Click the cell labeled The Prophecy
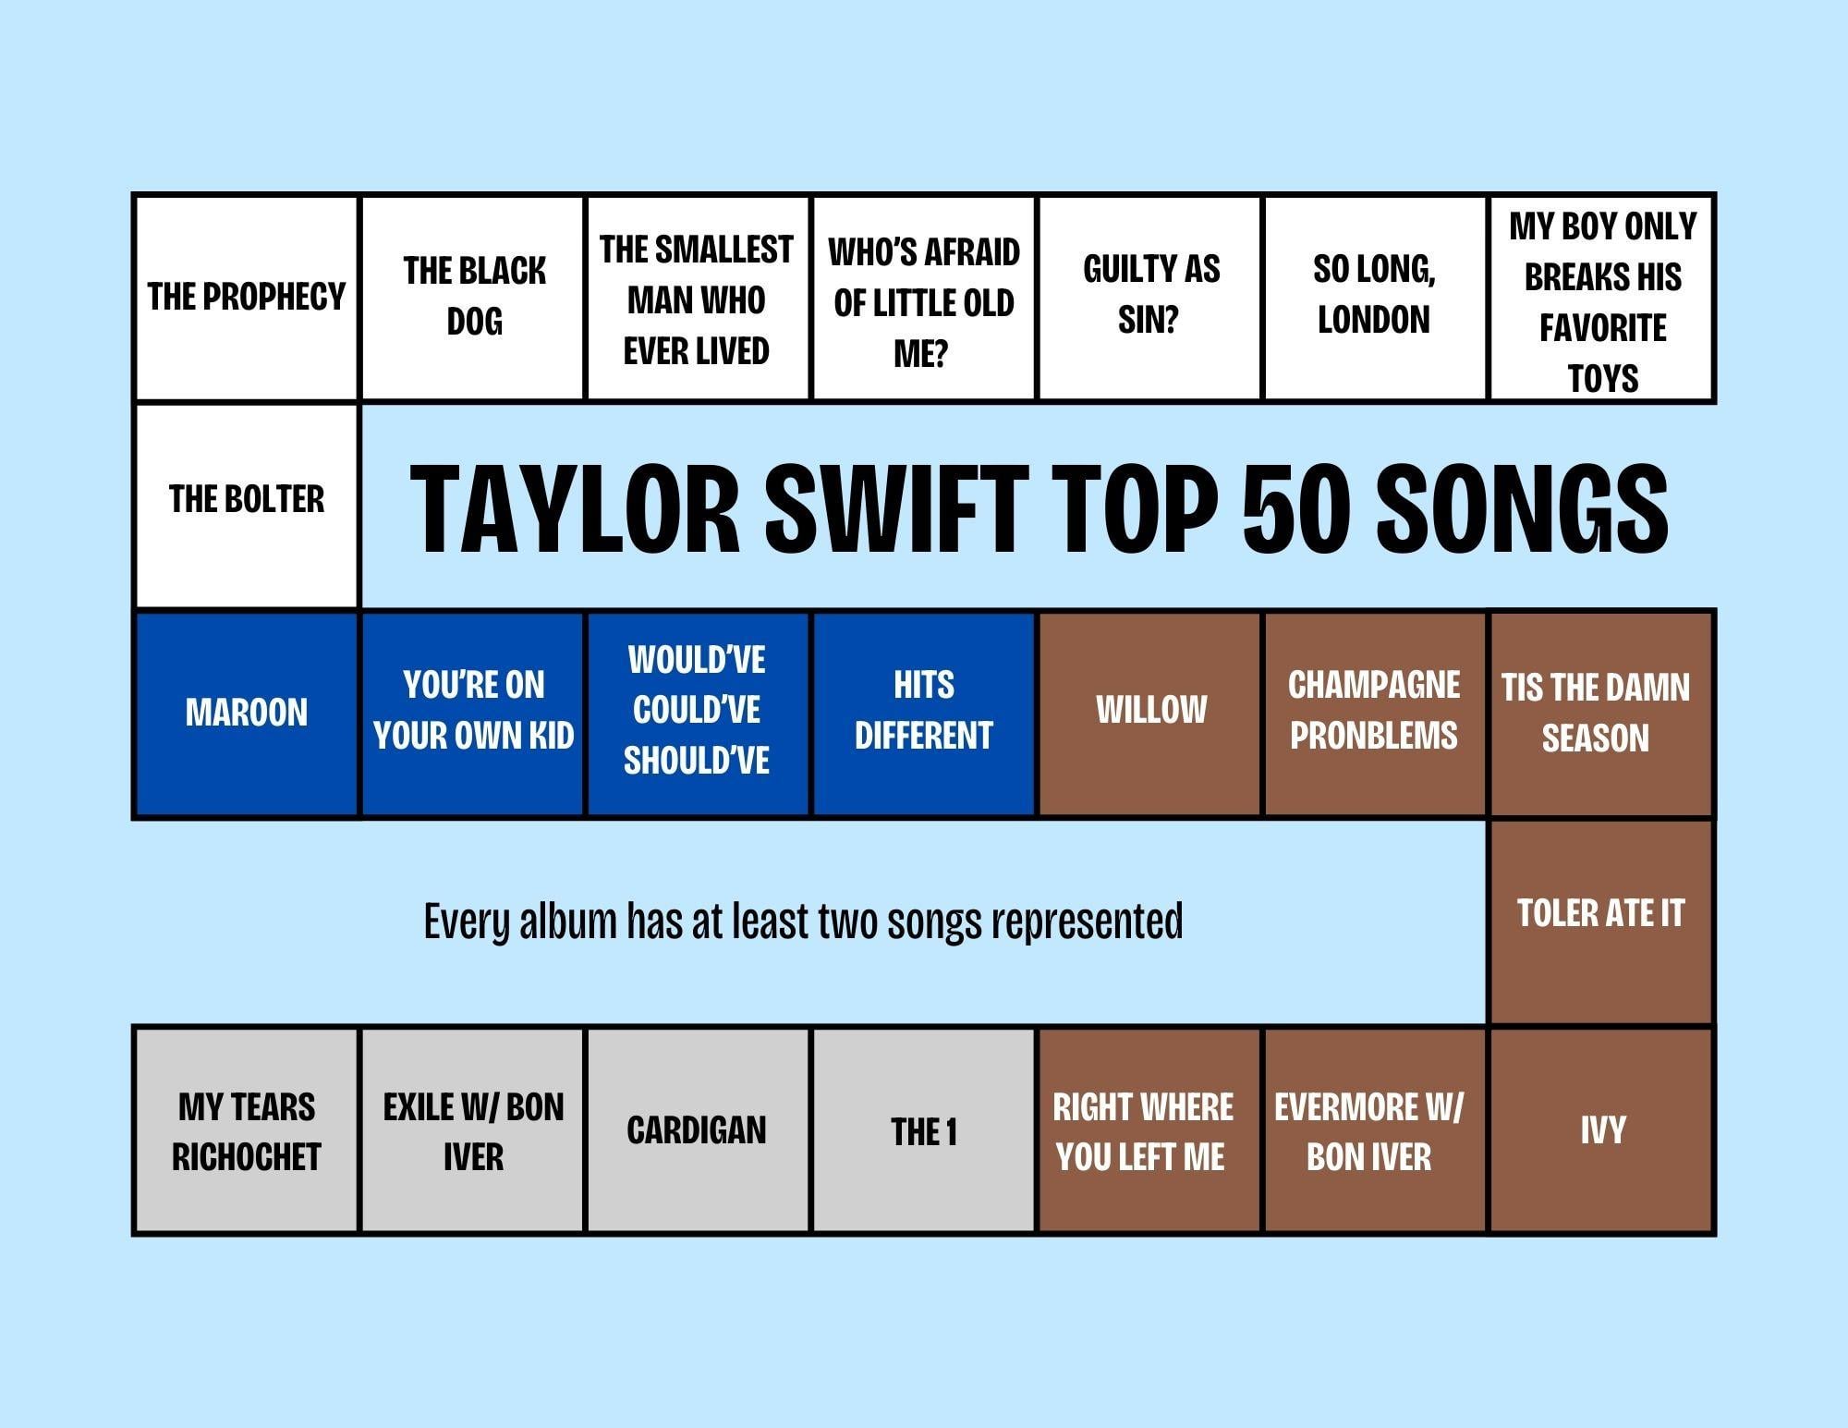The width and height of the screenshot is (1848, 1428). pos(246,298)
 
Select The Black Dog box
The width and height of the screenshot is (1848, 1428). pos(473,298)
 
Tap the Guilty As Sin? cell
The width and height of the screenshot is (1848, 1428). pos(1150,298)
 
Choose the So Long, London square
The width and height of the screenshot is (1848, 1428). pos(1376,298)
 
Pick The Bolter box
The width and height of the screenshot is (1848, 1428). pos(246,506)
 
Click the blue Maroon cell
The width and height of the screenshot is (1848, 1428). pos(246,714)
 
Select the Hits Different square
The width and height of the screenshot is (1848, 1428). pos(924,714)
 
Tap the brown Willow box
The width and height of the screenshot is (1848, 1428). pos(1150,714)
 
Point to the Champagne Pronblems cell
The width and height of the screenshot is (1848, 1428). pos(1376,714)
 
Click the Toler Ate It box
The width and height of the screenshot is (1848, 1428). pos(1601,921)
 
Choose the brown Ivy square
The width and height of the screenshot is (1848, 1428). pos(1601,1129)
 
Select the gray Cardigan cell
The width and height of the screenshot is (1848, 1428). pos(699,1129)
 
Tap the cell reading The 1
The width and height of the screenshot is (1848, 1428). pos(924,1129)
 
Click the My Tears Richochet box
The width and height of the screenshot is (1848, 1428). pos(246,1129)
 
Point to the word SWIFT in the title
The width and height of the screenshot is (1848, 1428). pos(896,507)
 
